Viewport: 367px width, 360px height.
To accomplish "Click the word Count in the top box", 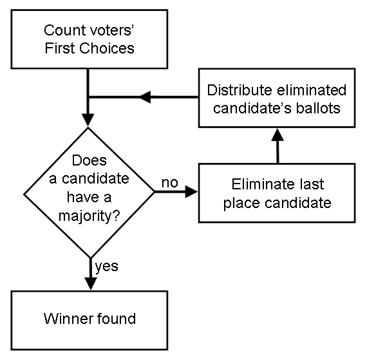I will coord(59,30).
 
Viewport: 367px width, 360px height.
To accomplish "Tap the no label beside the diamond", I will coord(169,183).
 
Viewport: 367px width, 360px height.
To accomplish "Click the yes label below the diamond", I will coord(106,265).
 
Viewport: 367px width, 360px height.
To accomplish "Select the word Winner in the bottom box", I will coord(66,319).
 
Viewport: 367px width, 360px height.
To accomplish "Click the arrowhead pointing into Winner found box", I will coord(88,283).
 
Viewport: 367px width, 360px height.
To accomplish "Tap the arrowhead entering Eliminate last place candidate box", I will coord(191,192).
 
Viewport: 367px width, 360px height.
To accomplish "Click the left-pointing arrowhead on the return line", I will coord(146,97).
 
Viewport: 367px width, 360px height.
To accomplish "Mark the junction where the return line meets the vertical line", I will coord(88,97).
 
